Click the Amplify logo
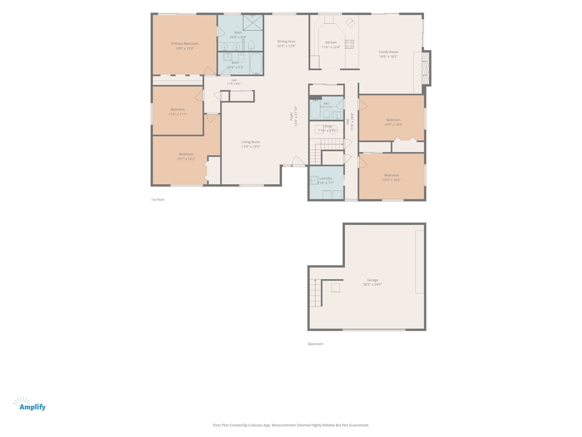[30, 404]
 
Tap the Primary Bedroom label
[184, 44]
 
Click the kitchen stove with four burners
[349, 44]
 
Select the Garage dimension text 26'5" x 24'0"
[372, 285]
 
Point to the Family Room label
[388, 52]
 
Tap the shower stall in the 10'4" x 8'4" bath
[253, 23]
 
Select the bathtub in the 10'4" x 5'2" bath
[256, 64]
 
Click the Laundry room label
[325, 178]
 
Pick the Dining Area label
[286, 42]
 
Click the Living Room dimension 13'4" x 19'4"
[251, 147]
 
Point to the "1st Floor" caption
[158, 200]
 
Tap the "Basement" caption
[316, 344]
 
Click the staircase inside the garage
[315, 293]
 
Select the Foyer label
[291, 116]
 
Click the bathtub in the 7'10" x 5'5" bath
[315, 110]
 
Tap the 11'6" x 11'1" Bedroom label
[178, 110]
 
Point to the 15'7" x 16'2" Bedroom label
[186, 154]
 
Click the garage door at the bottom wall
[374, 330]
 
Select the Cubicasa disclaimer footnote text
[291, 425]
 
